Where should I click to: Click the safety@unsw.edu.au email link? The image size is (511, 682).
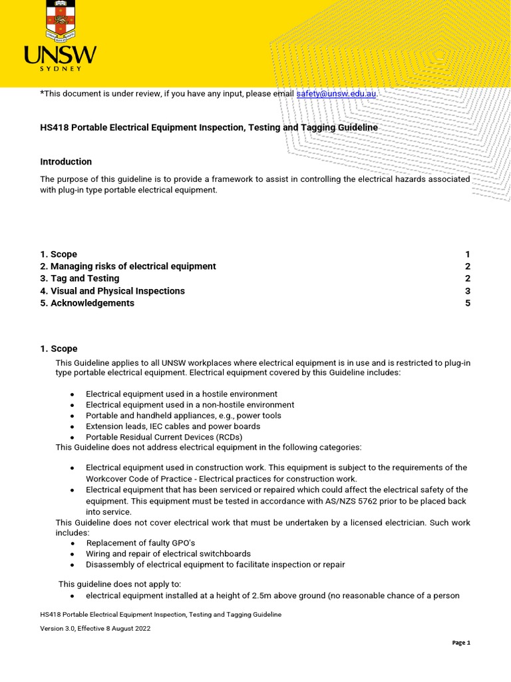point(336,94)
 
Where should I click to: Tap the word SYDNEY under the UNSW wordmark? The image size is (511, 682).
point(60,68)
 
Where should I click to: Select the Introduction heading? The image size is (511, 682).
point(66,162)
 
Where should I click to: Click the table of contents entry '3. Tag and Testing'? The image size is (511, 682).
point(80,278)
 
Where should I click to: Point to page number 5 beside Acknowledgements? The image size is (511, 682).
point(467,303)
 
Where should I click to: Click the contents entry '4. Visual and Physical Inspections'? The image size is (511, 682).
point(112,291)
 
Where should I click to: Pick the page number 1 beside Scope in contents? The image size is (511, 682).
point(467,254)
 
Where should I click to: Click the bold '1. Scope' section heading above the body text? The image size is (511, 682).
point(59,348)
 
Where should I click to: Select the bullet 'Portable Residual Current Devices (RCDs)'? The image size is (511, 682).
point(164,437)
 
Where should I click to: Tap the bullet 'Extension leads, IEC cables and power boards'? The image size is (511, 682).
point(173,426)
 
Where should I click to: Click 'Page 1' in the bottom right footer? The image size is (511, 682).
point(461,643)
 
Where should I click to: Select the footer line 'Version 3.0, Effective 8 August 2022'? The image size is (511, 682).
point(95,628)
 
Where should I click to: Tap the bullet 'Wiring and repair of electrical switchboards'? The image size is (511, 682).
point(168,553)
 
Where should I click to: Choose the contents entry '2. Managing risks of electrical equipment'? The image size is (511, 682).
point(128,266)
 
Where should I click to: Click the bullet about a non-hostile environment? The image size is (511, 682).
point(190,405)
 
